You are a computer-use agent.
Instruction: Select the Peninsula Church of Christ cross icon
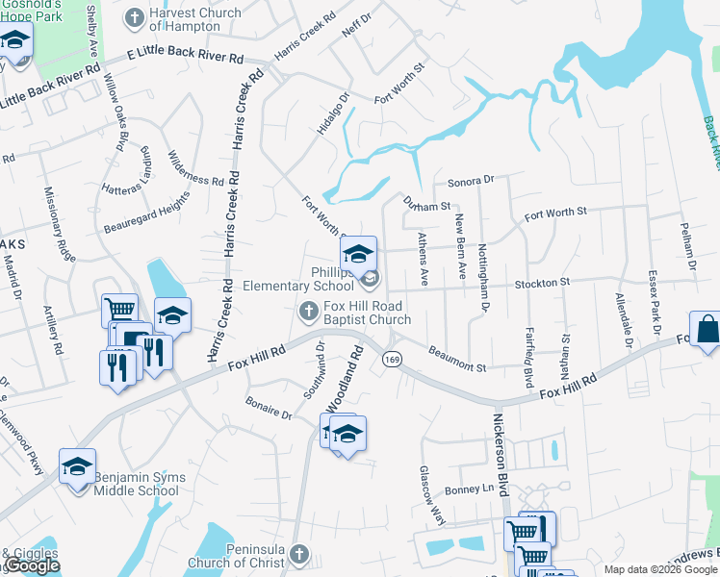(x=298, y=555)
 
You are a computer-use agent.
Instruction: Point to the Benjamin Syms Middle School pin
(x=77, y=466)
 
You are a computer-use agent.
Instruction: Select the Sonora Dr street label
(x=470, y=180)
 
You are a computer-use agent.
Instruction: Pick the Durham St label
(x=427, y=206)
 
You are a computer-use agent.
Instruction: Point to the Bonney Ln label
(x=475, y=489)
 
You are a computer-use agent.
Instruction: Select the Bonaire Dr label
(x=269, y=407)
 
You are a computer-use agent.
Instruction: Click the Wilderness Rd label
(x=195, y=168)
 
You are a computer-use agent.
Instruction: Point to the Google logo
(x=32, y=566)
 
